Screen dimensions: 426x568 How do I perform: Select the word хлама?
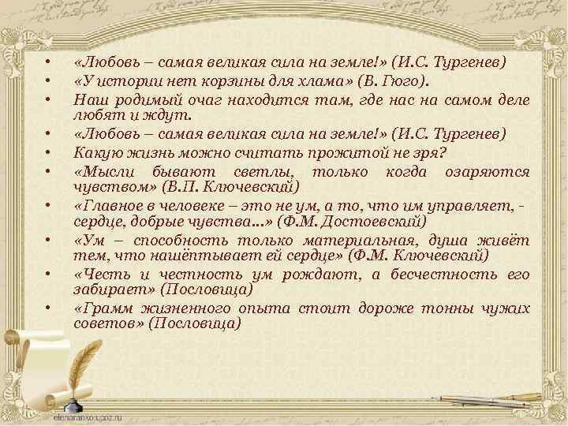319,80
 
